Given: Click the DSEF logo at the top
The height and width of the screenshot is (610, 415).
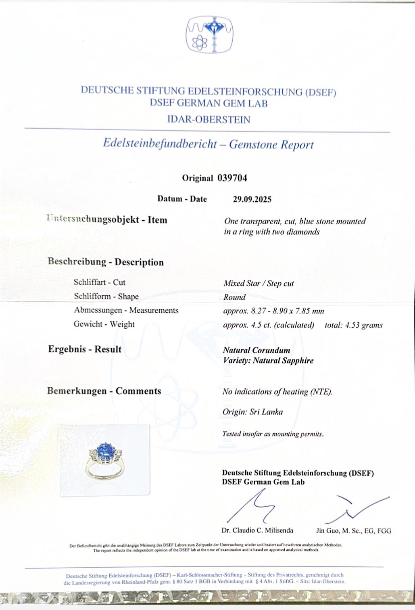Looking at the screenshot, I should pos(209,35).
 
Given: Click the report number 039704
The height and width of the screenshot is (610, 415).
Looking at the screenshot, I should pos(232,178).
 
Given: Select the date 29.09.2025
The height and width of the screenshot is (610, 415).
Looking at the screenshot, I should pos(252,199).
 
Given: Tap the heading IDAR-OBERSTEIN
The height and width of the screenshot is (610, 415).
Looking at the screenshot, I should pos(209,120).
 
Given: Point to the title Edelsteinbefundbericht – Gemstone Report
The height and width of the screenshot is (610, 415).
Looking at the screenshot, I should pos(208,144).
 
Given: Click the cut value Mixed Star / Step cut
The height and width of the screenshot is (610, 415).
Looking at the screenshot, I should pos(259,284).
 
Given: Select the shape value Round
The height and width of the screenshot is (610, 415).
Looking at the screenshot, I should pos(234,297).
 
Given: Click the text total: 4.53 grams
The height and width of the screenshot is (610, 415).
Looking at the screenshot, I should pos(353,325).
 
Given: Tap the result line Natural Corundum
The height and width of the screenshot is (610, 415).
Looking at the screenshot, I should pos(257,350).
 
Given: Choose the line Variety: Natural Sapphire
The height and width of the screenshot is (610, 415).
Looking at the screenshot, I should pos(268,361).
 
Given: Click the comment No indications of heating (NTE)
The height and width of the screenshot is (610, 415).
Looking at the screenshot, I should pos(277,392).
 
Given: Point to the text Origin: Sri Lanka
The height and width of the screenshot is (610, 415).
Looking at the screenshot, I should pos(252,412).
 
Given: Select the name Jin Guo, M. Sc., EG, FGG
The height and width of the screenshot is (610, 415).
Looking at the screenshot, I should pos(353,531).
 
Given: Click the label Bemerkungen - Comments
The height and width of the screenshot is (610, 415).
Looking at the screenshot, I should pos(104,391).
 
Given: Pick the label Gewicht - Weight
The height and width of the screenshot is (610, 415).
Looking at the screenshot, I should pos(104,324).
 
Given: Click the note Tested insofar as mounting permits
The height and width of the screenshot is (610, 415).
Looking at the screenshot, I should pos(273,435).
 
